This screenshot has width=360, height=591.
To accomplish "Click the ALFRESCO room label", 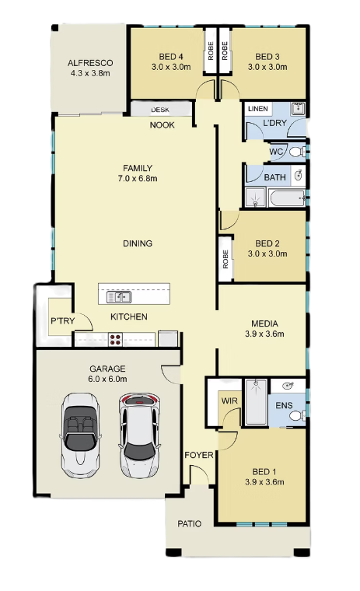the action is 90,63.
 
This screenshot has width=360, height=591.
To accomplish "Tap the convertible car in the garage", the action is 80,435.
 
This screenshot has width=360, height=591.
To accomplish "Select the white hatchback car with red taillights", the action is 139,436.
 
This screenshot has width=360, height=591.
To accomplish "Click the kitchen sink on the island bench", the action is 119,297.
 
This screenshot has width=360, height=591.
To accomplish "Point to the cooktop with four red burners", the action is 115,340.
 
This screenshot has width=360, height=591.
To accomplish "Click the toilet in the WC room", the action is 298,152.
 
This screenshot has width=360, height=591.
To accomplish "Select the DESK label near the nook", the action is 160,110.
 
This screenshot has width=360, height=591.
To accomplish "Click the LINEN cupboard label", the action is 258,109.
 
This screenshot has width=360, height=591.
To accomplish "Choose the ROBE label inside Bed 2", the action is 225,259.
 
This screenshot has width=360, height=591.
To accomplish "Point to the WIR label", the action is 229,400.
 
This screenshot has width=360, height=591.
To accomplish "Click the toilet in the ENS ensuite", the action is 298,415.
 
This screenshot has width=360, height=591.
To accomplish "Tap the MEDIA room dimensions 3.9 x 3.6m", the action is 264,334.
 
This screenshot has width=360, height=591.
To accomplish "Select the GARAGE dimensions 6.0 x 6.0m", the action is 107,379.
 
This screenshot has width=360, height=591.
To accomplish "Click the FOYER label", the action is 199,455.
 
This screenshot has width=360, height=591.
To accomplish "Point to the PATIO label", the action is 189,523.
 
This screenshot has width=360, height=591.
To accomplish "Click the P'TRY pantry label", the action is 62,320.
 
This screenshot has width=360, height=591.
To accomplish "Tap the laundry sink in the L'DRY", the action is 298,109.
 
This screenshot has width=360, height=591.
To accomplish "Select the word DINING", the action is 138,243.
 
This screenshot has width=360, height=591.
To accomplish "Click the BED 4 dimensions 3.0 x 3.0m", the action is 171,67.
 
